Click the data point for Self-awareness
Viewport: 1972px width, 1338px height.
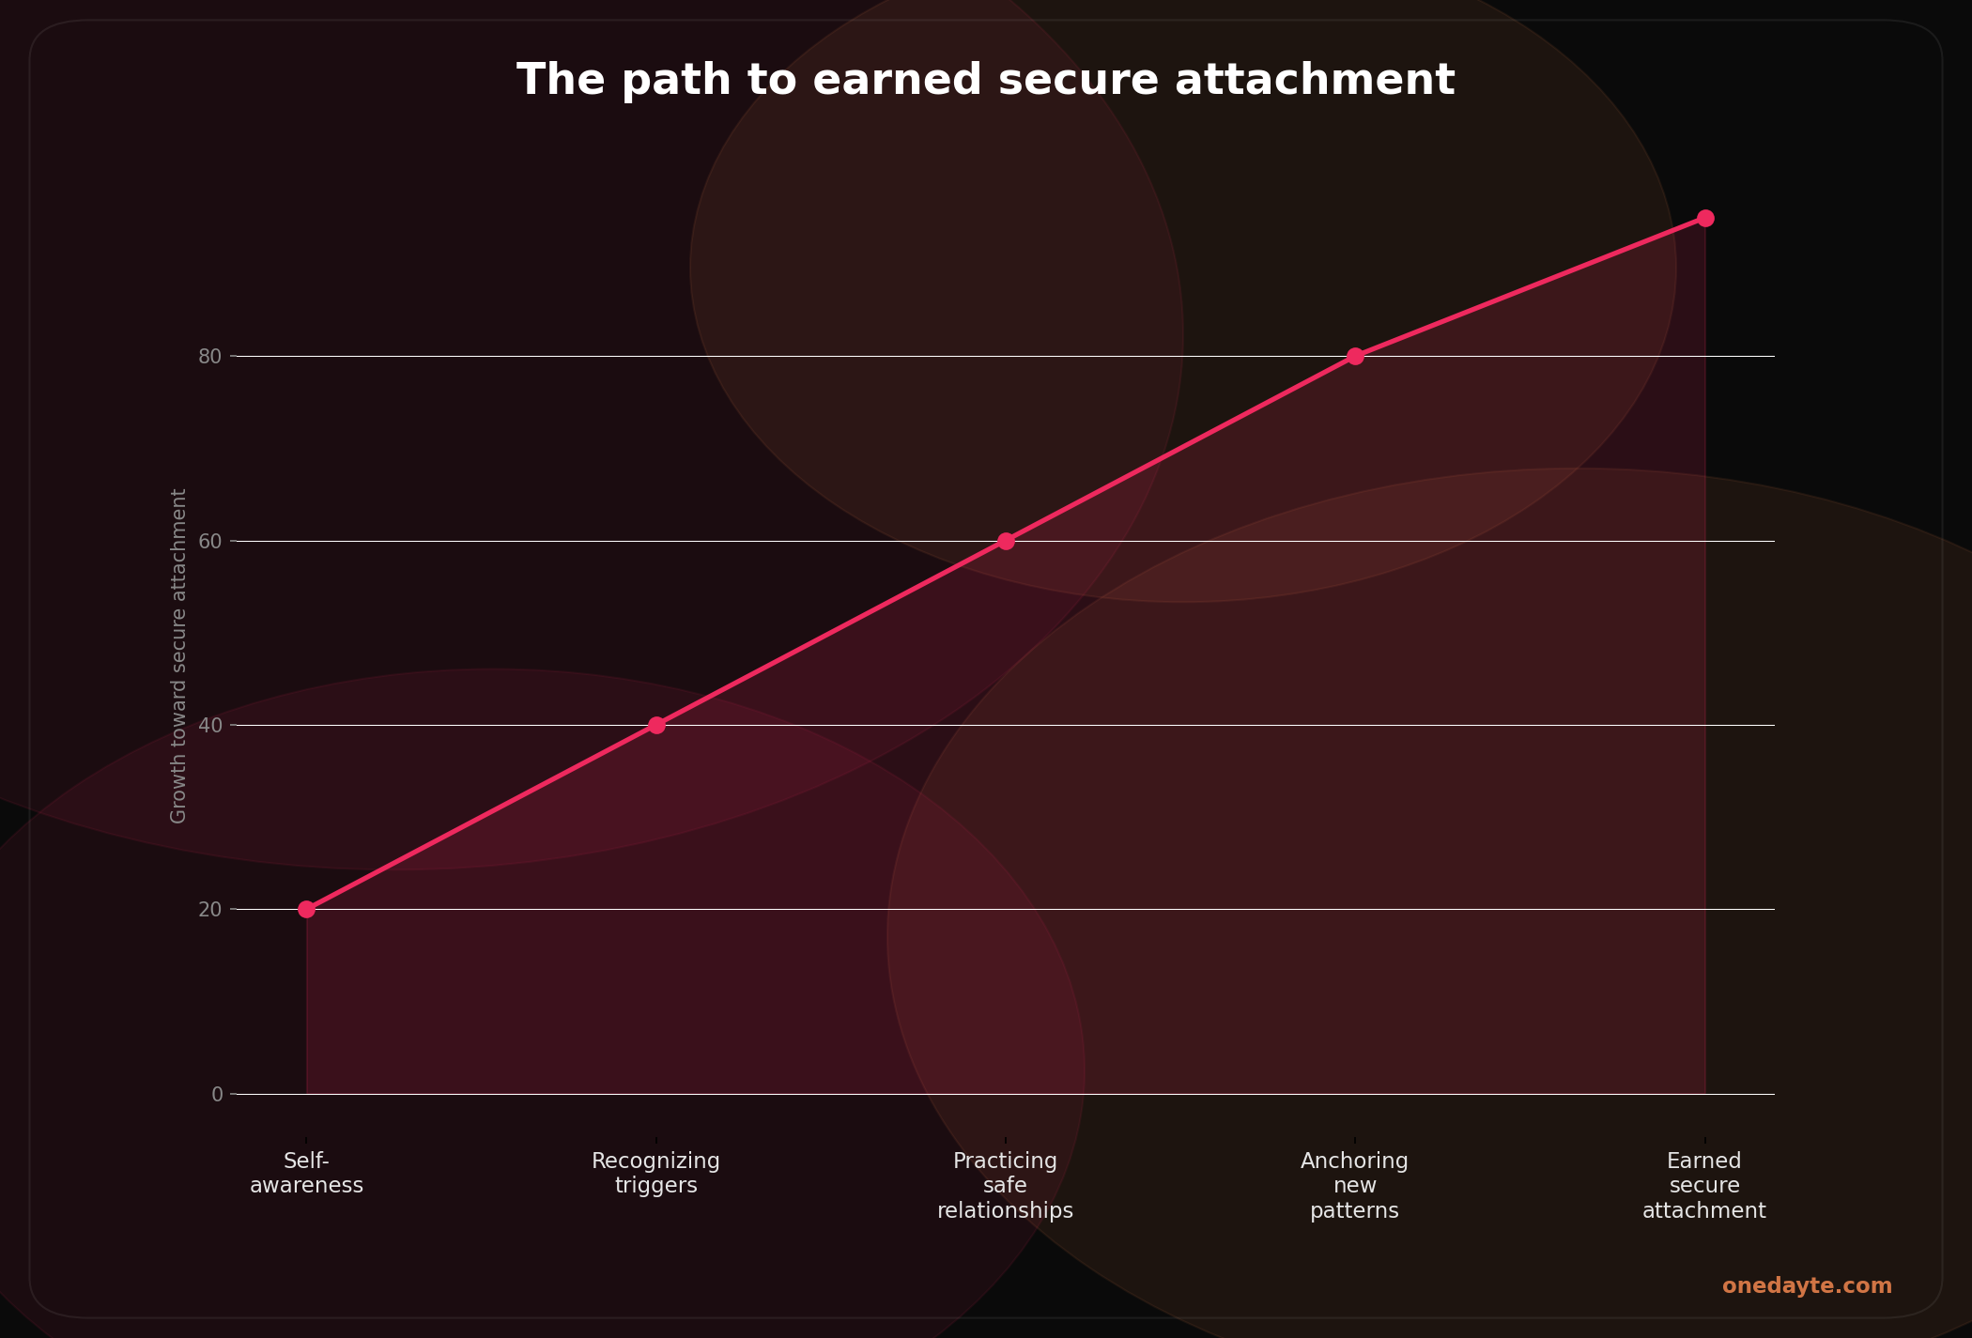point(306,909)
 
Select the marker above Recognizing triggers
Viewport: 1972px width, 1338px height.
point(656,725)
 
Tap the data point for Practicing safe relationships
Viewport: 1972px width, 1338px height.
point(1006,541)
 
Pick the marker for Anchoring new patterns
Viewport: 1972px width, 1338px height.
point(1355,356)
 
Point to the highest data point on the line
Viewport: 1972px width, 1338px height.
point(1705,218)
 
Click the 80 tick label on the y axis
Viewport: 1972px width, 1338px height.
point(209,357)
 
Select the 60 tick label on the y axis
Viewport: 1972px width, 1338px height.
point(209,542)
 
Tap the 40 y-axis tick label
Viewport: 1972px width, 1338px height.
point(209,726)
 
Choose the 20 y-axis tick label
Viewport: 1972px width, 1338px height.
point(209,910)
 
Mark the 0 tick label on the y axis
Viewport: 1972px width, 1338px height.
point(217,1095)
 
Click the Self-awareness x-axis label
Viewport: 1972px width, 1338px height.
point(306,1174)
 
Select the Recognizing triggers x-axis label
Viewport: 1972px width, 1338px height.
point(656,1174)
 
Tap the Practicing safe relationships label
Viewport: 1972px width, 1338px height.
point(1006,1186)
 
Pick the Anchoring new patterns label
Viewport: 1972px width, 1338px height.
point(1355,1186)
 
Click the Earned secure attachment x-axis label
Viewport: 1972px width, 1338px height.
point(1704,1186)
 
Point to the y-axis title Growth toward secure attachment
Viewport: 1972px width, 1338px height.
point(178,655)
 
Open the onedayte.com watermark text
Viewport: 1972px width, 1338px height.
point(1807,1286)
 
